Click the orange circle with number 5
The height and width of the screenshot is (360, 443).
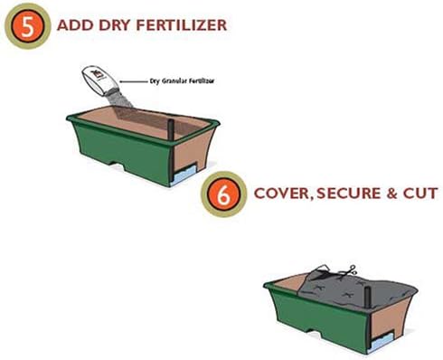coord(27,26)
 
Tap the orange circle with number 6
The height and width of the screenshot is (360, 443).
coord(223,194)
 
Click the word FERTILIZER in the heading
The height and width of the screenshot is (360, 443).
coord(182,25)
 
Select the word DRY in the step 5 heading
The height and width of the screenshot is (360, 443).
coord(116,25)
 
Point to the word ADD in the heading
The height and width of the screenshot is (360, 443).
coord(75,25)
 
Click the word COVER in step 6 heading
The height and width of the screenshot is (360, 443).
coord(282,194)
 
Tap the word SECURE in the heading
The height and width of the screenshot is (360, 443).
coord(348,194)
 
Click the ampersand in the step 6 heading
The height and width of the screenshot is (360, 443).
coord(391,194)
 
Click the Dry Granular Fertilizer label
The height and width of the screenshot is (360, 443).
coord(182,81)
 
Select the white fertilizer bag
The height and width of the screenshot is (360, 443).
coord(98,81)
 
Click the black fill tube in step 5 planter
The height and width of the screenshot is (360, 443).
coord(171,129)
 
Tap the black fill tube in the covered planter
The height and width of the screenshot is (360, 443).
coord(367,298)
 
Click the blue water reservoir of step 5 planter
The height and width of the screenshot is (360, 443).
coord(184,175)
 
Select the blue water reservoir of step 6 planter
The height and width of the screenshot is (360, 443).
coord(382,342)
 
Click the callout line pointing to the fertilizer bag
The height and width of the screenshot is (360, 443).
coord(134,81)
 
